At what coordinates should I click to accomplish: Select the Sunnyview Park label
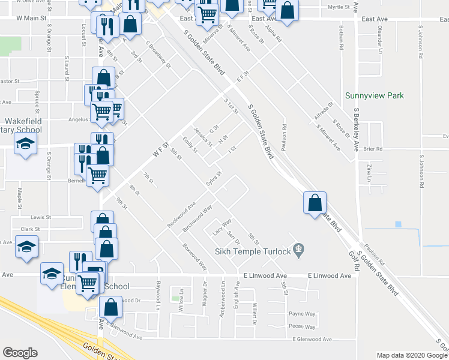(375, 95)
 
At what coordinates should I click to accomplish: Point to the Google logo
(20, 353)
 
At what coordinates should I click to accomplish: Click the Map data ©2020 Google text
(412, 355)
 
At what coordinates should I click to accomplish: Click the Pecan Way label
(302, 327)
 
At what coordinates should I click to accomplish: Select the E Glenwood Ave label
(312, 340)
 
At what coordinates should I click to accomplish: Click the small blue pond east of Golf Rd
(397, 224)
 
